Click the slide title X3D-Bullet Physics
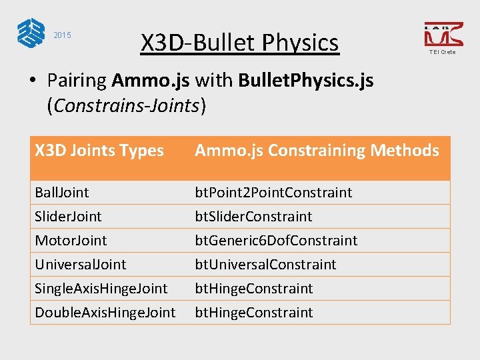(239, 43)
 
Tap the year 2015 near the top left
(62, 35)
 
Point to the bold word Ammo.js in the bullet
(151, 81)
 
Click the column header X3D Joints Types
(99, 151)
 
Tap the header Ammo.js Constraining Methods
(317, 151)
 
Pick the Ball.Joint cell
(62, 193)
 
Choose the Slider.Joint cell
(68, 217)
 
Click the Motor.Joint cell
(71, 241)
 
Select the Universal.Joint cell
(80, 265)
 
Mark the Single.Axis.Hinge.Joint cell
(101, 289)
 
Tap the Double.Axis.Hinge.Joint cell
(105, 313)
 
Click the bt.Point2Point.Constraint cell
(273, 193)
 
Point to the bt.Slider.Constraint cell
(253, 217)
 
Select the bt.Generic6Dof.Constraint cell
(276, 241)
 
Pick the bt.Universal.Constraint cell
(265, 265)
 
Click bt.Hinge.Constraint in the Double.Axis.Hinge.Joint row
(253, 313)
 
